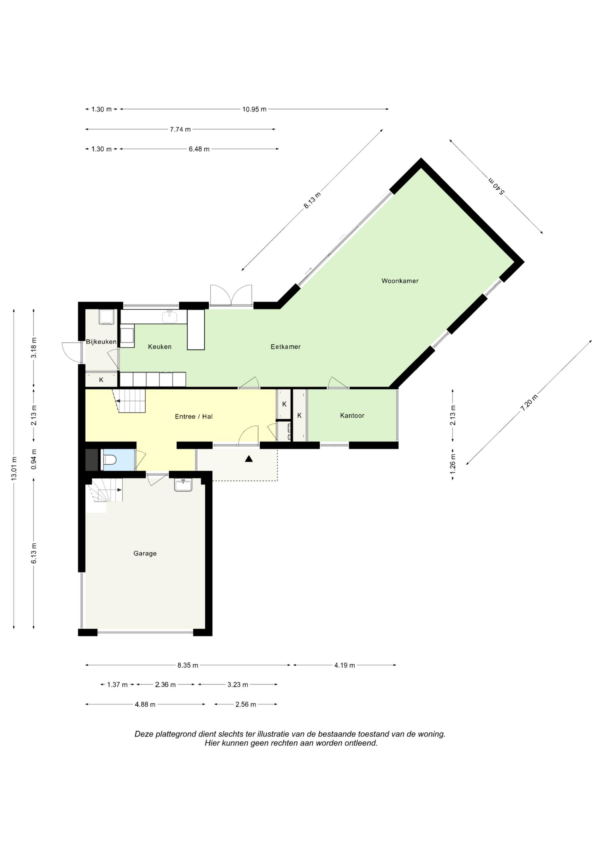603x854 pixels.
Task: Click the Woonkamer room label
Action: coord(400,281)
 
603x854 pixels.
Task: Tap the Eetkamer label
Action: coord(285,347)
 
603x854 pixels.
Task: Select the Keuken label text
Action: coord(160,347)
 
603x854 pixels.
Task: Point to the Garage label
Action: coord(145,553)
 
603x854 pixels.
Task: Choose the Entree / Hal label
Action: coord(193,417)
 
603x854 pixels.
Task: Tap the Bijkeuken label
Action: coord(101,341)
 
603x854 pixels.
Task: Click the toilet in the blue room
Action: coord(109,460)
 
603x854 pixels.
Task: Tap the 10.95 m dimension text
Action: coord(254,109)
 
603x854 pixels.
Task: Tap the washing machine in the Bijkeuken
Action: coord(106,317)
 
